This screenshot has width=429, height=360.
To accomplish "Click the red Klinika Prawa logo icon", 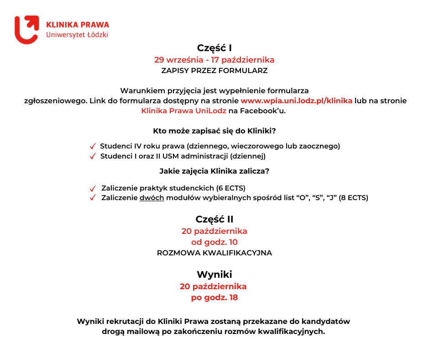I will point(26,30).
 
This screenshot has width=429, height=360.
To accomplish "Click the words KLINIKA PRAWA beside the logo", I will point(77,24).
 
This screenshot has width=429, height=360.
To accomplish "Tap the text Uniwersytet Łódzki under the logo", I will point(77,35).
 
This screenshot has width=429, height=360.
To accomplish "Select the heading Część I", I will point(214,48).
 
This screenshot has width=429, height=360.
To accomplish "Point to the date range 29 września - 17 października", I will point(214,60).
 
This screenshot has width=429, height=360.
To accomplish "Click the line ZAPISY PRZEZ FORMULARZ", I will point(214,71).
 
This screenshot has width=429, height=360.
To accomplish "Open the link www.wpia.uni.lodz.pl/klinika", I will point(296,101).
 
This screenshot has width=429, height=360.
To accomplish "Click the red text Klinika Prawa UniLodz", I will point(177,111).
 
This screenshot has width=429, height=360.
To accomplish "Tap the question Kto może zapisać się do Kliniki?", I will point(214,131).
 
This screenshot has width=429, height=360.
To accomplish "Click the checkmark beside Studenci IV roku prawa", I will point(93,147).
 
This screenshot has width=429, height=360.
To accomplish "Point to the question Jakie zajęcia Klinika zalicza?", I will point(214,171).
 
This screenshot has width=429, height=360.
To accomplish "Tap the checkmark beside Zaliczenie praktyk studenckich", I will point(93,188).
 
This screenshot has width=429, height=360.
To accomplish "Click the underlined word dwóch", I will point(152,198).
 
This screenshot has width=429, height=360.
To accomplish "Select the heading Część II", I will point(214,219).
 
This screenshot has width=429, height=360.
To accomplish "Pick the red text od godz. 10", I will point(214,242).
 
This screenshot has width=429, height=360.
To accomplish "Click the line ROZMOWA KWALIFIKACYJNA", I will point(214,253).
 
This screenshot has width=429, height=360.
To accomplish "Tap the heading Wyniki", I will point(214,275).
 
